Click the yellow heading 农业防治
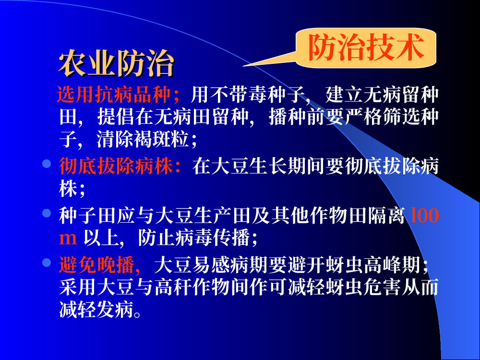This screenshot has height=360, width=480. click(116, 63)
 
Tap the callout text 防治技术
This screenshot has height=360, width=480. click(366, 48)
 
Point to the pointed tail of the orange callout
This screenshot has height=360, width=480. click(243, 65)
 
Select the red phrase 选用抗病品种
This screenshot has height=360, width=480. click(114, 95)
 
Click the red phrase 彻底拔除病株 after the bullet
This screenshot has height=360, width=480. click(116, 166)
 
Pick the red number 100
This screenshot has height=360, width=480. click(424, 215)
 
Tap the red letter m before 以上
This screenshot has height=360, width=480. click(68, 239)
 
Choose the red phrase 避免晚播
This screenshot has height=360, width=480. click(97, 265)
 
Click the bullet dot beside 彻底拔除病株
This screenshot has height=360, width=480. click(47, 164)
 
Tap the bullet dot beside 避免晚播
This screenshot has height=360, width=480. click(47, 263)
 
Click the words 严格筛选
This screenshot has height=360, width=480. click(383, 117)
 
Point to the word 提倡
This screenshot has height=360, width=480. click(116, 117)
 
